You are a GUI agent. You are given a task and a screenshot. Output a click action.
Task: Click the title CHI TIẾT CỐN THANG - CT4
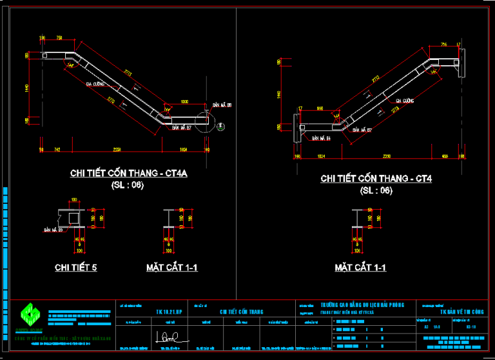click(x=375, y=178)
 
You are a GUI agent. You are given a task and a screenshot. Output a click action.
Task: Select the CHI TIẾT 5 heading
click(x=76, y=267)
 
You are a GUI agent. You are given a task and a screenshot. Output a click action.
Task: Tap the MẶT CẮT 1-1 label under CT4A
click(x=171, y=267)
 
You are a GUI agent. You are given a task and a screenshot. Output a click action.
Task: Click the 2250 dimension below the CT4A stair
click(x=117, y=150)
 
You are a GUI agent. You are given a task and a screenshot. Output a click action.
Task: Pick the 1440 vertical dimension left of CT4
click(x=278, y=95)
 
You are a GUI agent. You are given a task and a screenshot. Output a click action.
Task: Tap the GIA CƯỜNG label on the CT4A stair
click(x=95, y=84)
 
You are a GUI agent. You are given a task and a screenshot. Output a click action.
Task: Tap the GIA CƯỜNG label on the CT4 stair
click(x=404, y=101)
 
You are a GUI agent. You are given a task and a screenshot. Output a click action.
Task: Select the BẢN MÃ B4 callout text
click(x=320, y=138)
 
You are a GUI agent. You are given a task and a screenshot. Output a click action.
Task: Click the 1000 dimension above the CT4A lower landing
click(x=185, y=103)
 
